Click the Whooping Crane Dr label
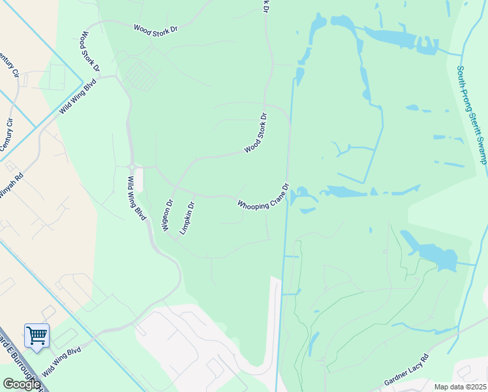pos(262,197)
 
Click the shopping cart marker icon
pos(37,336)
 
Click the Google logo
pos(21,384)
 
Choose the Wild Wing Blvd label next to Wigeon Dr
pos(136,199)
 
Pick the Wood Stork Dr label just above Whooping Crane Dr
pos(256,133)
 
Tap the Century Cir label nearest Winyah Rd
pos(7,135)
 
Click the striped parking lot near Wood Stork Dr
pos(140,76)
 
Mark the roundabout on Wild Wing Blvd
pos(132,167)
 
